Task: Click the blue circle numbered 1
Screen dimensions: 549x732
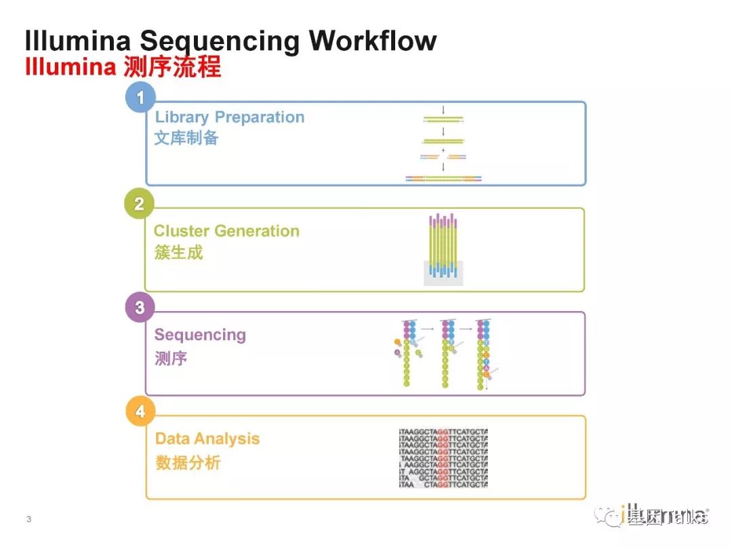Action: [x=140, y=98]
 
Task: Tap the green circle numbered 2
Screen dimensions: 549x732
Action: [x=139, y=203]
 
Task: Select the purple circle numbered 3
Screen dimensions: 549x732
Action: [x=140, y=307]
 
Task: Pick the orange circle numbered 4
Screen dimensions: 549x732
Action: [x=140, y=411]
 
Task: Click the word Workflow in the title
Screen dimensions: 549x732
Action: [x=373, y=41]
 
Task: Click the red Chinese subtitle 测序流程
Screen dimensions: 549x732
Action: [x=173, y=68]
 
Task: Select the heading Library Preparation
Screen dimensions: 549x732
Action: [x=230, y=117]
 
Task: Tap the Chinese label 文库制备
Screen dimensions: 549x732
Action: [x=186, y=138]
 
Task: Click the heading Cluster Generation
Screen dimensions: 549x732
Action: [x=226, y=230]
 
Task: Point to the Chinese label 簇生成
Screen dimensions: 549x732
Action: [x=178, y=252]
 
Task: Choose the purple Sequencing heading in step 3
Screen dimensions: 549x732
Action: [x=200, y=335]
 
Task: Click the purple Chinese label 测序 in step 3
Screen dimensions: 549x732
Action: [x=171, y=358]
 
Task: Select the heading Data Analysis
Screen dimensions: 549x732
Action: [x=207, y=439]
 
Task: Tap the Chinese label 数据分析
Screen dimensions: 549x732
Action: [x=188, y=463]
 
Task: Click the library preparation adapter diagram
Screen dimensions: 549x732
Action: [x=443, y=146]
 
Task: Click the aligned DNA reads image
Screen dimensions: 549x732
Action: [x=443, y=457]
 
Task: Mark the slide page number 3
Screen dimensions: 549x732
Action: [x=28, y=520]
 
